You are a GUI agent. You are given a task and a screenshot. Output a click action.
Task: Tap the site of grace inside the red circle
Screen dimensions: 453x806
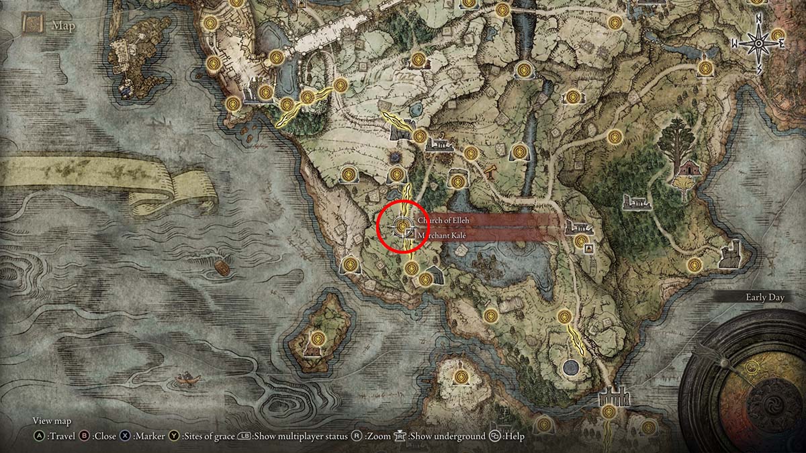pos(402,227)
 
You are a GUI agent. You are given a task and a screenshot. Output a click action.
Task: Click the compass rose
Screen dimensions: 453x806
pos(759,44)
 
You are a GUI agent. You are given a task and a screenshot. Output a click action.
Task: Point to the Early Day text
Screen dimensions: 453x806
pos(765,297)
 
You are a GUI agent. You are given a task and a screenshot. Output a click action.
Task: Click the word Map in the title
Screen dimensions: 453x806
pos(63,27)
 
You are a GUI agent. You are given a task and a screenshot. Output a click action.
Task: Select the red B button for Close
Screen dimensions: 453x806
pos(85,436)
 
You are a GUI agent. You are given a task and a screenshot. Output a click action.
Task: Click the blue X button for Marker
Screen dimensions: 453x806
pos(126,436)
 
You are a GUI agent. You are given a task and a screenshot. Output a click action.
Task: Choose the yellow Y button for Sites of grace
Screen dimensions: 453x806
pos(173,436)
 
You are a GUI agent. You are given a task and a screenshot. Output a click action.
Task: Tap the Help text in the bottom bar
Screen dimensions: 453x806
pos(514,436)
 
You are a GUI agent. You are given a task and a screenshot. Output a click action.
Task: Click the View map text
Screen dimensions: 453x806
pos(52,421)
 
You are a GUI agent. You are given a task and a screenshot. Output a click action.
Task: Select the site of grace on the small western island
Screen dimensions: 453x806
pos(318,337)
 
